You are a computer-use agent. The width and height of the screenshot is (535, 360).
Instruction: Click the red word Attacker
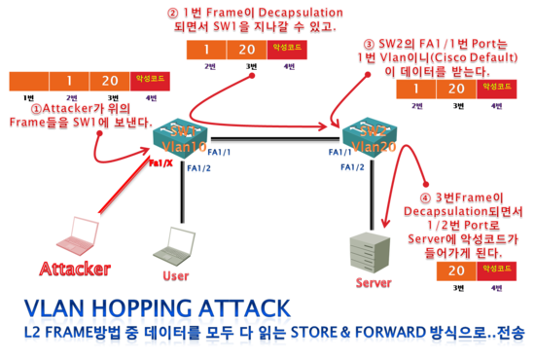(75, 268)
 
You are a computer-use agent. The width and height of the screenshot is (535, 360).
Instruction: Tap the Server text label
(374, 283)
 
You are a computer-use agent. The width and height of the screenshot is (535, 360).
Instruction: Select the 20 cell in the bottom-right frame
(456, 270)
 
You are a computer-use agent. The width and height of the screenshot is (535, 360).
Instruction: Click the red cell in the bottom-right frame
(495, 270)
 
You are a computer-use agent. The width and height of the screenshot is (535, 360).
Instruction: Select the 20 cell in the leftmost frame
(109, 82)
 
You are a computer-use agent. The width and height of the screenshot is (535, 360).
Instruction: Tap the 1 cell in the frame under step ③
(416, 90)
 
